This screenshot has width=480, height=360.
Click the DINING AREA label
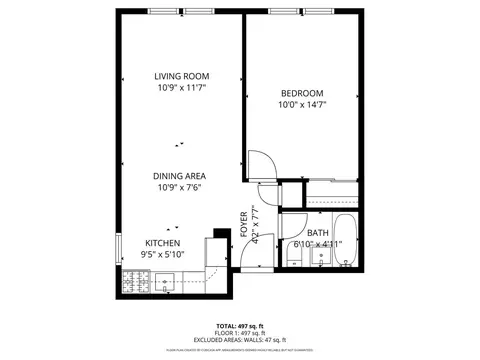pyautogui.click(x=180, y=175)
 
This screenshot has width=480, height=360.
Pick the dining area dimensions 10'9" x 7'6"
pyautogui.click(x=180, y=187)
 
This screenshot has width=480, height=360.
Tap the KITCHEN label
pyautogui.click(x=161, y=243)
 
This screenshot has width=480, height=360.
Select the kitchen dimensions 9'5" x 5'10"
pyautogui.click(x=161, y=255)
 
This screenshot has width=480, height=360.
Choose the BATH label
pyautogui.click(x=318, y=233)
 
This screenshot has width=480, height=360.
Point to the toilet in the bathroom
pyautogui.click(x=293, y=262)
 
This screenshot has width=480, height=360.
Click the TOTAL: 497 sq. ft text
pyautogui.click(x=240, y=327)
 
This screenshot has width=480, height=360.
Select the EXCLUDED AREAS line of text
pyautogui.click(x=240, y=341)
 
